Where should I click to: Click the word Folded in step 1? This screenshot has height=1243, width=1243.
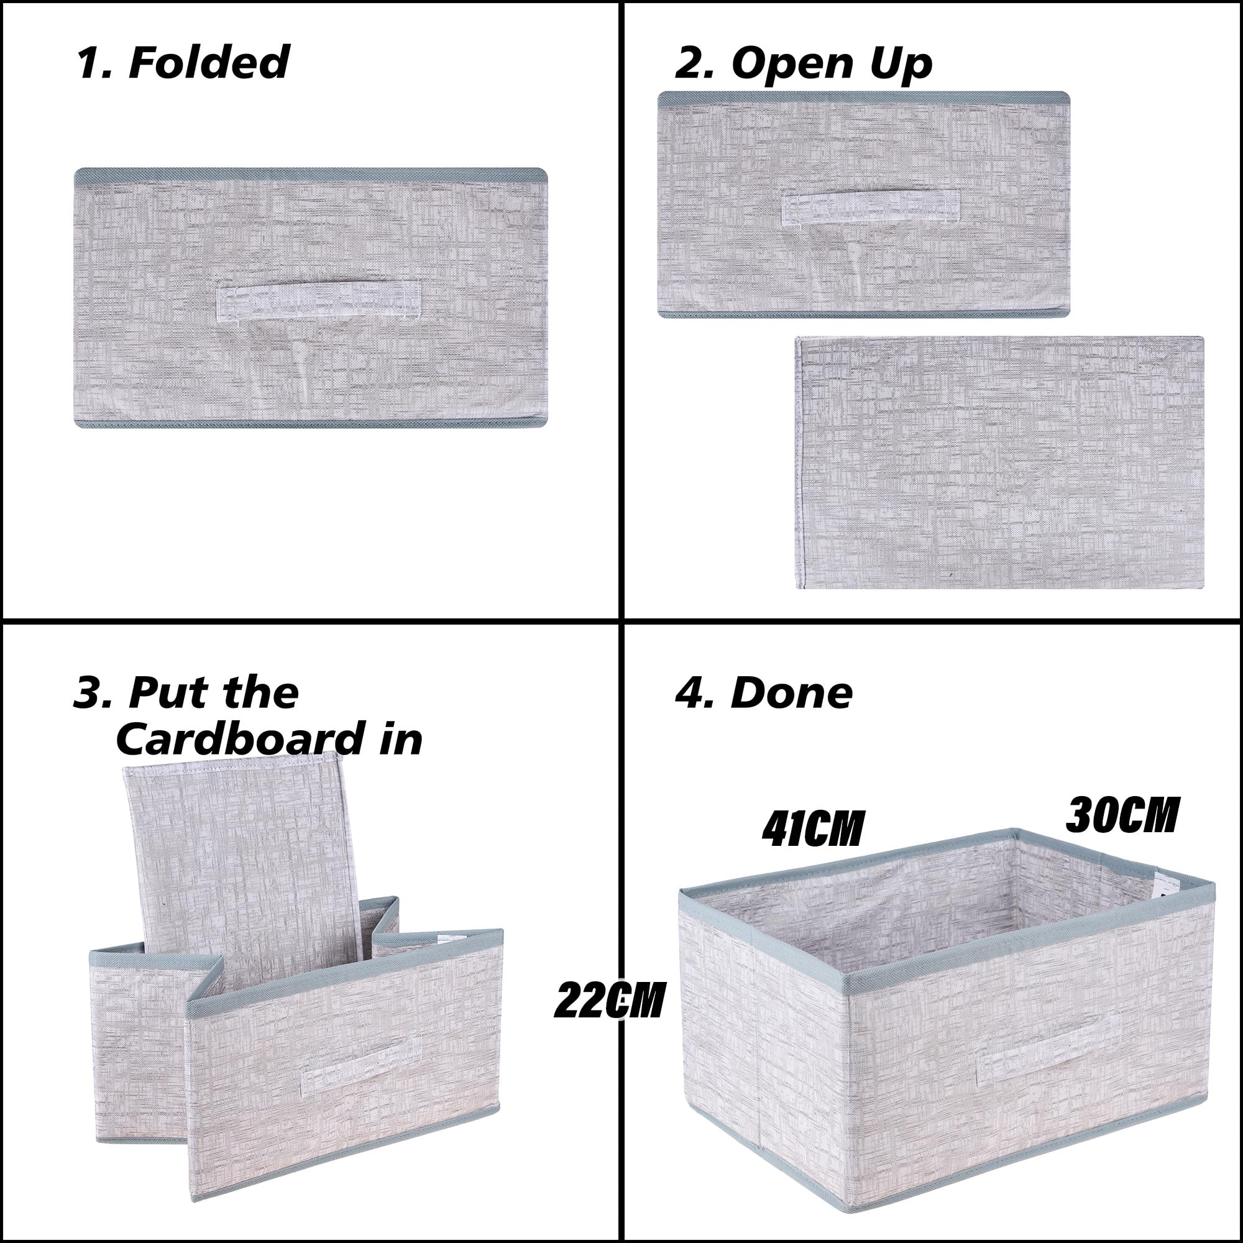[x=209, y=62]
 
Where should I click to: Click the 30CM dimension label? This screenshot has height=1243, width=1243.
[x=1122, y=815]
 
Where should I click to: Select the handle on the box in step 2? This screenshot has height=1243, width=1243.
[x=870, y=207]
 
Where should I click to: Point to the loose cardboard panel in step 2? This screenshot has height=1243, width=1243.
[x=999, y=462]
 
